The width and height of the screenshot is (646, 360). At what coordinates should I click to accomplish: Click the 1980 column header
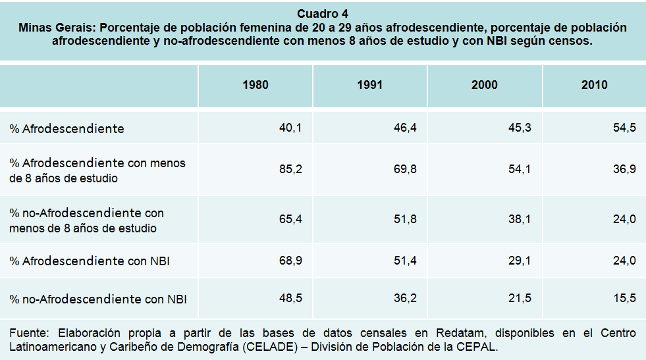point(256,85)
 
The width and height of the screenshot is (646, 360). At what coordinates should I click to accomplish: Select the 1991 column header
point(370,85)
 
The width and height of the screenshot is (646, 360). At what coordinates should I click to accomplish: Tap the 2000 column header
point(485,85)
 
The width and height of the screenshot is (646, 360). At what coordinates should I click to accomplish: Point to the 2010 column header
point(595,85)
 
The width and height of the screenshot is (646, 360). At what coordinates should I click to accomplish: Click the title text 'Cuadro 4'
point(323,14)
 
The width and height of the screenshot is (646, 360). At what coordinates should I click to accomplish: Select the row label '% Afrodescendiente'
point(67,128)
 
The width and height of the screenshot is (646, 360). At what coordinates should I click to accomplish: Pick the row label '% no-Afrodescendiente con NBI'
point(98,299)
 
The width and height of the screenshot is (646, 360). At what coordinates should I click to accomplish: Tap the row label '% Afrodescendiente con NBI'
point(90,261)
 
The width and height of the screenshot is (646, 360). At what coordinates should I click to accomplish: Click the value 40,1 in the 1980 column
point(290,128)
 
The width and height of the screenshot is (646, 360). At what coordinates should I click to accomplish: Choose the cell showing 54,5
point(624,128)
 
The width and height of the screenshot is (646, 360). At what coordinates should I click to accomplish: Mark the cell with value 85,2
point(290,170)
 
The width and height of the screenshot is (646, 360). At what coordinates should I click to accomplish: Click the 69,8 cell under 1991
point(405,170)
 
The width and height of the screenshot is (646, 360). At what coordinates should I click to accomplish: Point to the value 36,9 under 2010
point(624,170)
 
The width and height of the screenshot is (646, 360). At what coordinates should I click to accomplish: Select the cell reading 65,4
point(290,219)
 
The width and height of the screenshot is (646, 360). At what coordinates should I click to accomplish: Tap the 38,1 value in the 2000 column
point(520,219)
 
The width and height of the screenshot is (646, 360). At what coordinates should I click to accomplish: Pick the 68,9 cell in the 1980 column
point(290,261)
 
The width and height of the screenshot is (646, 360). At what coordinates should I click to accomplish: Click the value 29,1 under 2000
point(520,261)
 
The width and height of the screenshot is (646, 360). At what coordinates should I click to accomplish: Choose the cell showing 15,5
point(624,298)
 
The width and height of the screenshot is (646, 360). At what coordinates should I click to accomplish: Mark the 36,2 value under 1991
point(405,298)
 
